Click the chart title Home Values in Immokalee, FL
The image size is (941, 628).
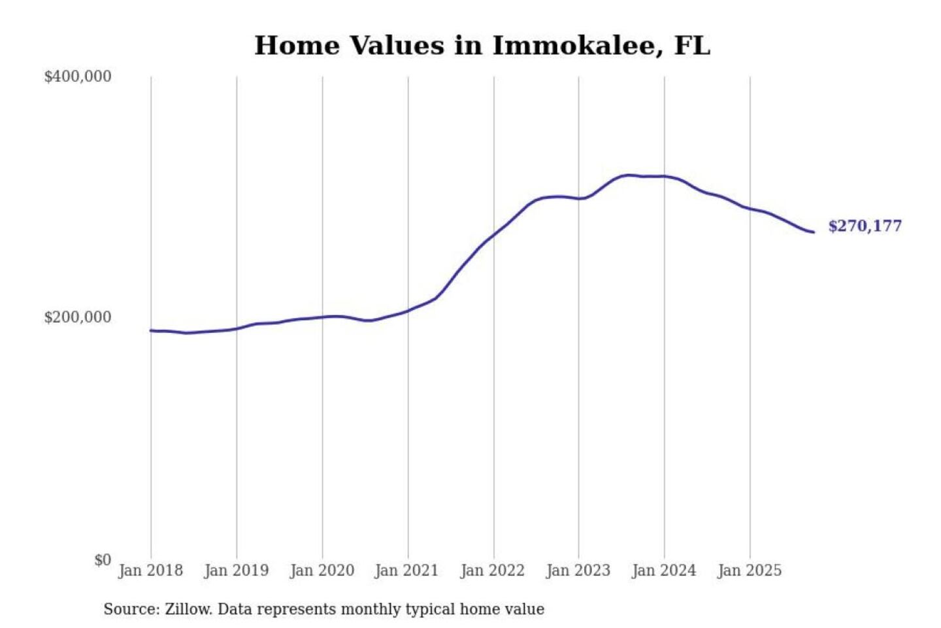(x=482, y=45)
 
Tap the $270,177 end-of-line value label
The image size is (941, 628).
(x=865, y=226)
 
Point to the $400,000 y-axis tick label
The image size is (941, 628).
(x=78, y=77)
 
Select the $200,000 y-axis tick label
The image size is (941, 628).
(x=78, y=317)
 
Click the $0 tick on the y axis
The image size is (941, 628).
(x=103, y=560)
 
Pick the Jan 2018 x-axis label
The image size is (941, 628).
(x=150, y=570)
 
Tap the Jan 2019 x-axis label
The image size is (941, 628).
(x=236, y=570)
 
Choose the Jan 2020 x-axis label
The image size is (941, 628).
(x=322, y=570)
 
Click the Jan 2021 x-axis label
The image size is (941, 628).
(x=406, y=570)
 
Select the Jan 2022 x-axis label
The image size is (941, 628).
(x=492, y=570)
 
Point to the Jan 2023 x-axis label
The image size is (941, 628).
(x=578, y=570)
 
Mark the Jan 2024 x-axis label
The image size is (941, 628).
(x=663, y=570)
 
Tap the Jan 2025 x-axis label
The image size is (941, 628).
(x=749, y=570)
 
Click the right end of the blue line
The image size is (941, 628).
(x=813, y=232)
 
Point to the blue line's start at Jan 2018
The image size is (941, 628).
(x=151, y=330)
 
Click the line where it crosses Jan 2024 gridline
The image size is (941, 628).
(x=665, y=176)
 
